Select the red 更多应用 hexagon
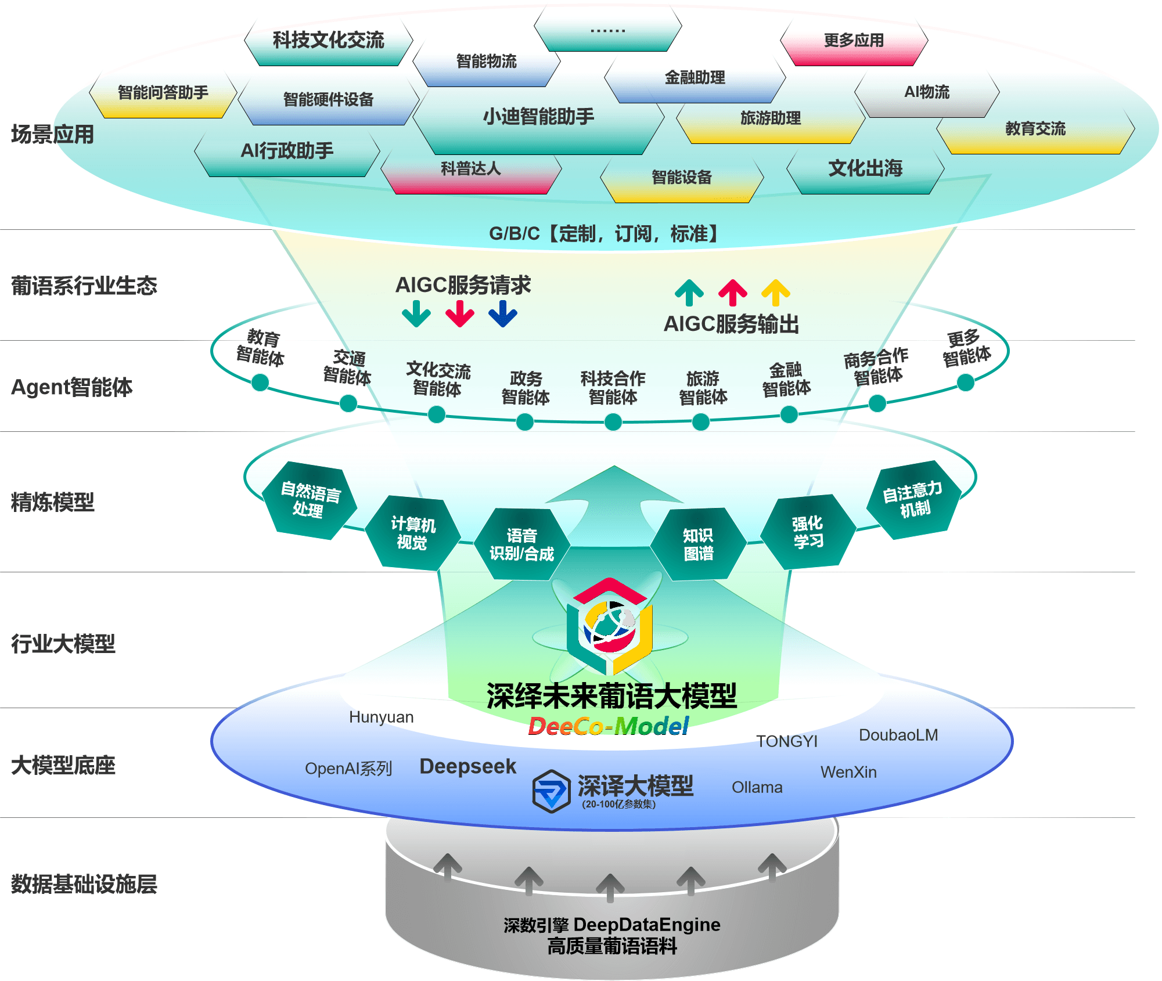tap(854, 41)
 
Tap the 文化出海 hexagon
tap(865, 169)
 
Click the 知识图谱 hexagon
tap(698, 544)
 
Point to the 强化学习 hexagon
tap(808, 532)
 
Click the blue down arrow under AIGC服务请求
tap(503, 313)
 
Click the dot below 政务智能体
tap(525, 422)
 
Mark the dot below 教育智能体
tap(260, 383)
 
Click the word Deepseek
tap(467, 767)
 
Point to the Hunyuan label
tap(382, 717)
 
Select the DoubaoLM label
tap(898, 735)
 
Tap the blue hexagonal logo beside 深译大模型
tap(551, 791)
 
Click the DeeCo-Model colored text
tap(608, 726)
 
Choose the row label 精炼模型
tap(52, 503)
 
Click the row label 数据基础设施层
tap(84, 884)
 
